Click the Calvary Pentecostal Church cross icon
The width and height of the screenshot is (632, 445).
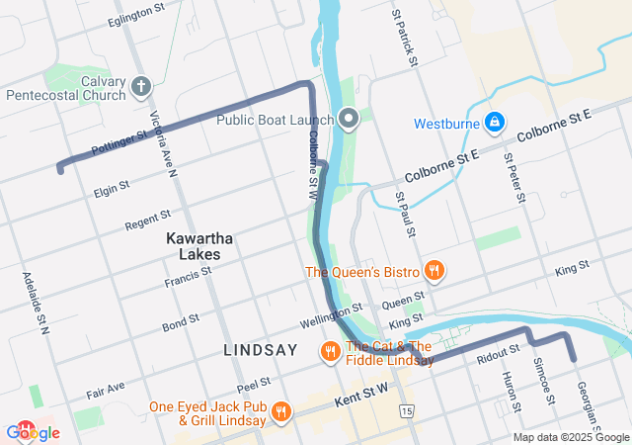click(140, 87)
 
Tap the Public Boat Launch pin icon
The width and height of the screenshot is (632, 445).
click(348, 120)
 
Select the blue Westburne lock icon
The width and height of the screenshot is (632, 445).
click(496, 124)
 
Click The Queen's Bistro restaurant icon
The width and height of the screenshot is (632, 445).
click(433, 271)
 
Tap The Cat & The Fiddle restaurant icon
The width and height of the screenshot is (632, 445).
click(330, 351)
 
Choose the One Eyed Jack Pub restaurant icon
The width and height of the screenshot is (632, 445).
click(281, 412)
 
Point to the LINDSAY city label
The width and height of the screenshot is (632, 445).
click(261, 350)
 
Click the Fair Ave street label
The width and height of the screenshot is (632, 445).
click(106, 388)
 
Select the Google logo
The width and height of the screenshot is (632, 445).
click(33, 432)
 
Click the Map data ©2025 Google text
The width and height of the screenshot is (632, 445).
click(571, 437)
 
